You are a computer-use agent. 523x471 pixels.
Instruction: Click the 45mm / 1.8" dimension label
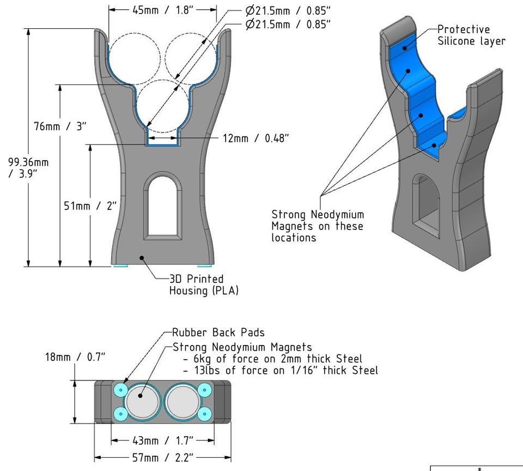[x=163, y=10]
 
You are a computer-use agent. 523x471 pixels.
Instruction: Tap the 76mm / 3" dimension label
[x=57, y=126]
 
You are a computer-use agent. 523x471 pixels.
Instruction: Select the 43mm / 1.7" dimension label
[x=162, y=440]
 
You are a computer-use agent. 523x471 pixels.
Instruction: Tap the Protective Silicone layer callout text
[x=471, y=35]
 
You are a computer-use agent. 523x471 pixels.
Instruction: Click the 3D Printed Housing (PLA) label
[x=203, y=285]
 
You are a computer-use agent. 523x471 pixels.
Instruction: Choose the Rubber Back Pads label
[x=218, y=332]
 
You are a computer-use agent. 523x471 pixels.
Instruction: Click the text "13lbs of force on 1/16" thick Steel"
[x=280, y=371]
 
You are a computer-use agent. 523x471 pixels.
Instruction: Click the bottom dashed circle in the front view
[x=162, y=106]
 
